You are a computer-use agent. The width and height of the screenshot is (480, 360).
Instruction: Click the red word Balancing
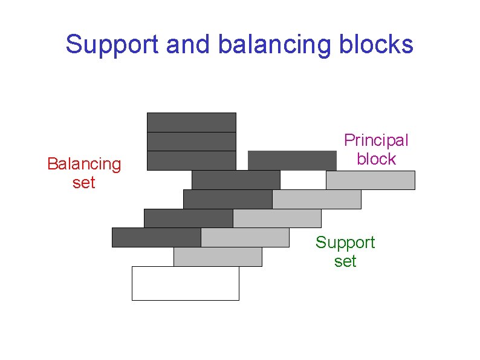tap(84, 164)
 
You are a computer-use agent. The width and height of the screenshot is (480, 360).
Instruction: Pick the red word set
tap(84, 182)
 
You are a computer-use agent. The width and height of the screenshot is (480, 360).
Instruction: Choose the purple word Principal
tap(376, 140)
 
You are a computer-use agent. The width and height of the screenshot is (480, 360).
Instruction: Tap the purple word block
tap(376, 159)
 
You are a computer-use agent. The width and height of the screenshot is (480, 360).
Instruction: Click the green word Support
tap(345, 243)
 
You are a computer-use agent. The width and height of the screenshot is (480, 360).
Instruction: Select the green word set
tap(345, 261)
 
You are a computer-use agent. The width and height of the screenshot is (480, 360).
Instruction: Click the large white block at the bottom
tap(185, 283)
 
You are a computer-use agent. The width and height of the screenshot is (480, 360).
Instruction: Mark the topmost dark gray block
tap(191, 122)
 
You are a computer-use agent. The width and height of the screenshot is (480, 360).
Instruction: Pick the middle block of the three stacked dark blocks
tap(191, 142)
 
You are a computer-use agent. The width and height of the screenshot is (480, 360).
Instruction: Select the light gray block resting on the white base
tap(218, 257)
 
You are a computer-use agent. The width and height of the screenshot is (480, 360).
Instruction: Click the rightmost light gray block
tap(371, 180)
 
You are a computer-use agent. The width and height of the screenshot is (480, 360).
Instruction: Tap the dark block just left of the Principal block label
tap(292, 160)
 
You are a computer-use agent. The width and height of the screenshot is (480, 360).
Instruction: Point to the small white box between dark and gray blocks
tap(303, 180)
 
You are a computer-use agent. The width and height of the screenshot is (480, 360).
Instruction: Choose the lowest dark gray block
tap(156, 238)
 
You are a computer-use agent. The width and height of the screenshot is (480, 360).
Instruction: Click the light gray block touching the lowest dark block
tap(245, 238)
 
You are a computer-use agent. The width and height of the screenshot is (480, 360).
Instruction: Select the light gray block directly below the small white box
tap(317, 200)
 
